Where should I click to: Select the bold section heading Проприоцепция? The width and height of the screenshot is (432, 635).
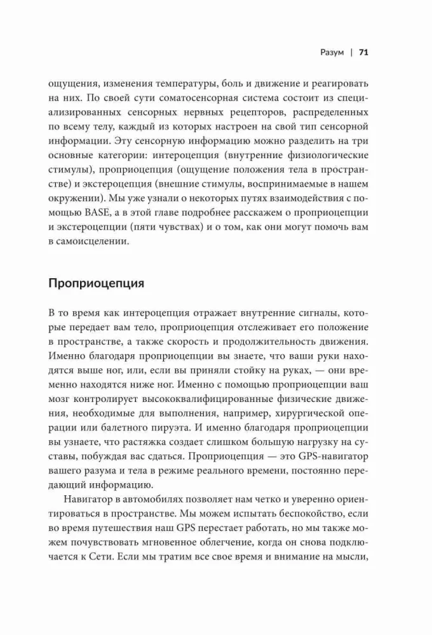pos(96,283)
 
